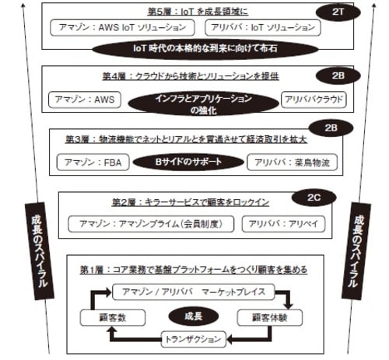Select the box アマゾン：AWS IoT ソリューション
[123, 28]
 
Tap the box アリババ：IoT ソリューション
[265, 28]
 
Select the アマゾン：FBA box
[89, 163]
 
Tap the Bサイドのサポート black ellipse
[189, 163]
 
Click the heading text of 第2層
[186, 202]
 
